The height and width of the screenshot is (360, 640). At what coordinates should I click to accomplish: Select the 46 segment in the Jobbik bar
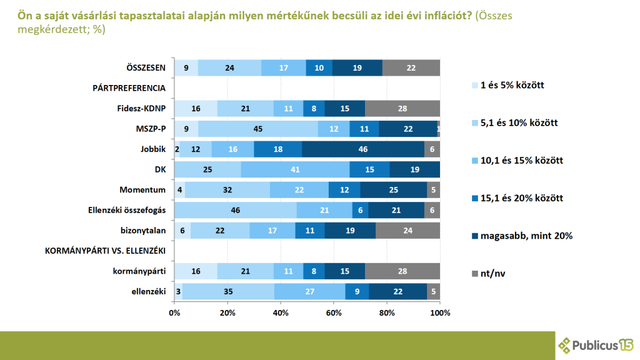(363, 149)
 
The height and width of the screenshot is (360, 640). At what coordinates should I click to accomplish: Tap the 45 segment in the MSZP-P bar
(257, 129)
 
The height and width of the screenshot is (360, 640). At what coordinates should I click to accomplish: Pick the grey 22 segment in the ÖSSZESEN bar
(411, 68)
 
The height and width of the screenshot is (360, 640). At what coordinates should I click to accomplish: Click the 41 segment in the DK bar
(295, 169)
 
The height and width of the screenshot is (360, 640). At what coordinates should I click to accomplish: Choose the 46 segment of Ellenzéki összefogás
(236, 211)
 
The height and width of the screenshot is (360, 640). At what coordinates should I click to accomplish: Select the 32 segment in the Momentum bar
(227, 190)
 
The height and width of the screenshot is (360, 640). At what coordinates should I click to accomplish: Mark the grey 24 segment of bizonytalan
(407, 231)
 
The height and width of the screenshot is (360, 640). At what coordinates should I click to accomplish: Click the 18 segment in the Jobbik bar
(277, 149)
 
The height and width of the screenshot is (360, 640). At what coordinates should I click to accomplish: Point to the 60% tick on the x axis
(334, 312)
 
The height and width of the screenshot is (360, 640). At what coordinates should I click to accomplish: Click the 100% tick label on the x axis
(440, 312)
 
